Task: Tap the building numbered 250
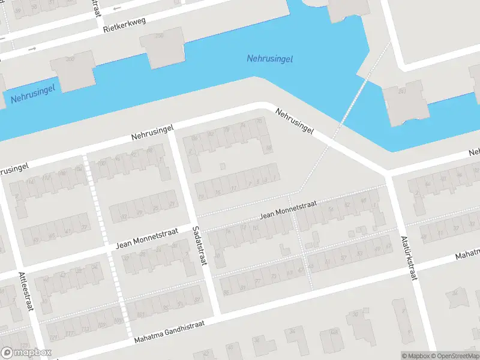(x=162, y=47)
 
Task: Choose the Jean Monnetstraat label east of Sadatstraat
(x=288, y=210)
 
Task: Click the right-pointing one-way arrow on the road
(x=32, y=48)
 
